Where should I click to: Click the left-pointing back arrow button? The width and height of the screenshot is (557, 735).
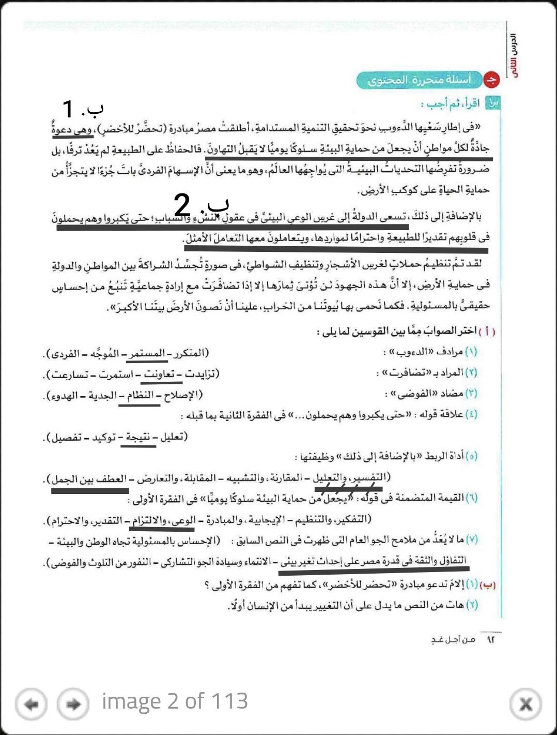pyautogui.click(x=32, y=704)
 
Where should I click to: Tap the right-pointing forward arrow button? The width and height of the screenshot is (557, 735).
pyautogui.click(x=73, y=704)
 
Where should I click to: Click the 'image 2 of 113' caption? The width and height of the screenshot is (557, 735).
pyautogui.click(x=175, y=701)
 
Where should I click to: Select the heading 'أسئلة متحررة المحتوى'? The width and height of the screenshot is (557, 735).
pyautogui.click(x=419, y=80)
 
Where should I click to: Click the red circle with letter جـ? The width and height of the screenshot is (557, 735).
pyautogui.click(x=491, y=80)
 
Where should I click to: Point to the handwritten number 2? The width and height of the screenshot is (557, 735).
pyautogui.click(x=182, y=206)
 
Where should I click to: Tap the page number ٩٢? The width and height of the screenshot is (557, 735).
pyautogui.click(x=490, y=640)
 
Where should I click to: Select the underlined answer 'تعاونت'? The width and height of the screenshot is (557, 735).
pyautogui.click(x=159, y=374)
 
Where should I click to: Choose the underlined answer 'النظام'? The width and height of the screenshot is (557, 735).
pyautogui.click(x=140, y=396)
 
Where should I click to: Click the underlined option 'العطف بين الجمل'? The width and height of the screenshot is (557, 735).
pyautogui.click(x=88, y=479)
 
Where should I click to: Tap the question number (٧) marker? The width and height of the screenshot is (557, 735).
pyautogui.click(x=471, y=539)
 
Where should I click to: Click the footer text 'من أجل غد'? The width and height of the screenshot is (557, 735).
pyautogui.click(x=453, y=640)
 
